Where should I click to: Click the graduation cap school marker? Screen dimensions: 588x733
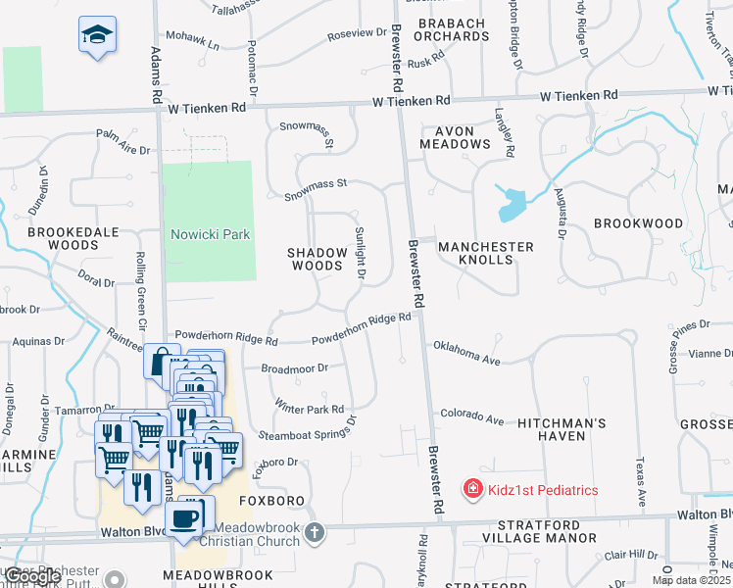[x=97, y=36]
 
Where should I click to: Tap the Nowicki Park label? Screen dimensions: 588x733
[x=211, y=234]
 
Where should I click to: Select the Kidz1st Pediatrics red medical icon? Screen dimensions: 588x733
[x=472, y=488]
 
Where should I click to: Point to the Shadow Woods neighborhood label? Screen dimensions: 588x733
[x=318, y=259]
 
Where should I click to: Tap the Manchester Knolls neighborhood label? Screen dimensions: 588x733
[x=486, y=253]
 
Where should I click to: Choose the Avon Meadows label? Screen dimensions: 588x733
[x=455, y=137]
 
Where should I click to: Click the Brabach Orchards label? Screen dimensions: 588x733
[x=452, y=29]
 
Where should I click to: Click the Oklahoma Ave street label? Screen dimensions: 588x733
[x=466, y=354]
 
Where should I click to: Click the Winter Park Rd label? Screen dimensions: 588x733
[x=310, y=407]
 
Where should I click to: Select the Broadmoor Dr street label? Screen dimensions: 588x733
[x=294, y=368]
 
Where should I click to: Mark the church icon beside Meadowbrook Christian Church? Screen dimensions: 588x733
[x=314, y=533]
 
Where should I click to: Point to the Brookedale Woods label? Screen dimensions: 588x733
[x=73, y=237]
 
